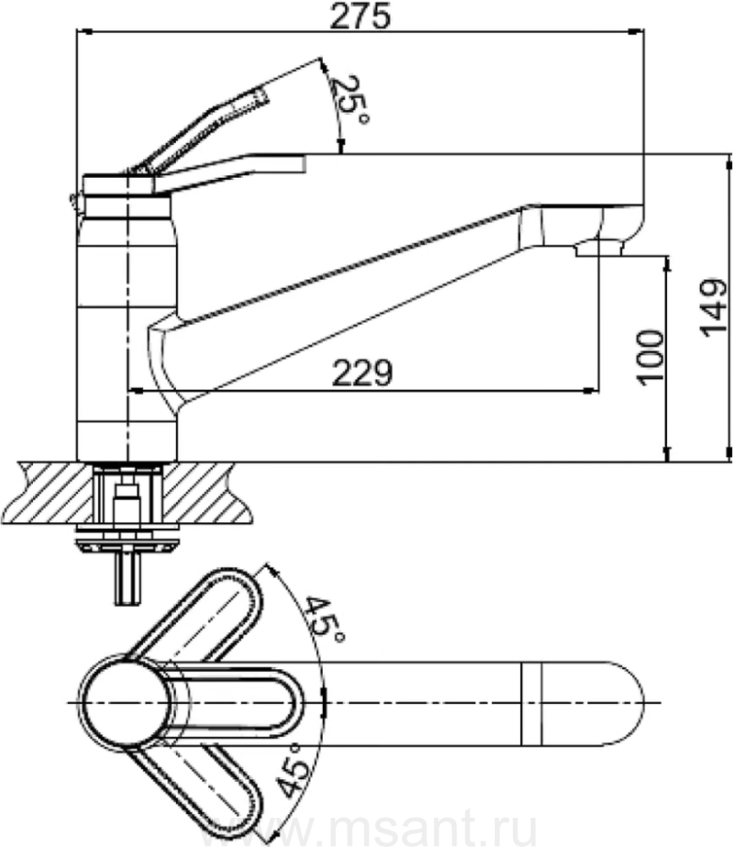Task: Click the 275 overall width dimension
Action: [x=359, y=16]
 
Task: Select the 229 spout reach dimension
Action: [x=362, y=372]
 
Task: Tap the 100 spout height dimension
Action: [x=651, y=357]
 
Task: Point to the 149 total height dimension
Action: [x=713, y=308]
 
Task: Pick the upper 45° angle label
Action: [x=323, y=618]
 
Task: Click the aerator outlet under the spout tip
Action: [x=599, y=248]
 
